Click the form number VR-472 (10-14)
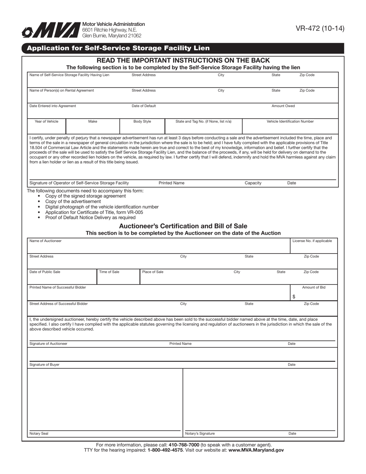pos(320,29)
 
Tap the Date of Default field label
pos(144,106)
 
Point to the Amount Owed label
pos(283,106)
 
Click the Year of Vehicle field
pos(47,126)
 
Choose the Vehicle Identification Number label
pos(290,121)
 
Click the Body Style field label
pos(142,121)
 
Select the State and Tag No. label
pos(203,121)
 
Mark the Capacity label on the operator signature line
pos(253,183)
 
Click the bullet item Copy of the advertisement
pos(73,201)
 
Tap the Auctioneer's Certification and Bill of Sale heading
pos(183,226)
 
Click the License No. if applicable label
pos(312,241)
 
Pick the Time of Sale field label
pos(109,272)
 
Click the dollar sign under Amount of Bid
pos(294,297)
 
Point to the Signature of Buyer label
pos(44,365)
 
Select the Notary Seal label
pos(39,434)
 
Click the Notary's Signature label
pos(200,434)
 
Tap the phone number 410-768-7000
pos(184,445)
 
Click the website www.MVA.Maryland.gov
pos(256,450)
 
